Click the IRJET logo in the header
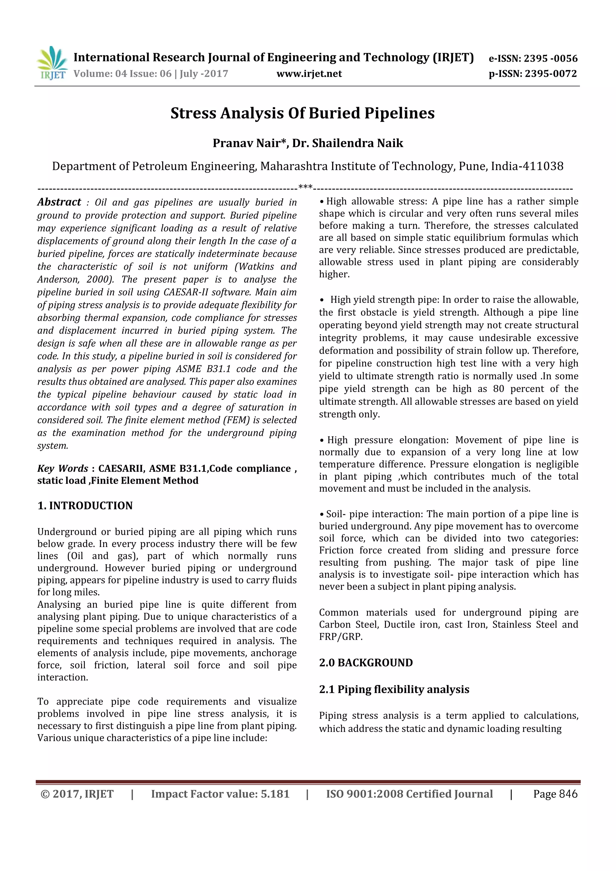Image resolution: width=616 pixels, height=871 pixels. (52, 63)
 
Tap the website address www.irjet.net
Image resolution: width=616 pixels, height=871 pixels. (309, 74)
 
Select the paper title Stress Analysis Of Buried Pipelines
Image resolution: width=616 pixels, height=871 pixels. (303, 113)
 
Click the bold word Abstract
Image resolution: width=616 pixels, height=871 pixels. (59, 202)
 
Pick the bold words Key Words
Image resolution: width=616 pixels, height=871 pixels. (63, 469)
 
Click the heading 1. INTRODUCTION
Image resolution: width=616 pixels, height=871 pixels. (85, 506)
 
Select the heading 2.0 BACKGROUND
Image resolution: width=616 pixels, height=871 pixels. (365, 663)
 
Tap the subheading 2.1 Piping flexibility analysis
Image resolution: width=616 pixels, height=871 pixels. (394, 689)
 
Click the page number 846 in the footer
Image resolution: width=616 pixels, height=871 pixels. (568, 794)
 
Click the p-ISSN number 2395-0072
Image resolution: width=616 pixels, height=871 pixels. (551, 74)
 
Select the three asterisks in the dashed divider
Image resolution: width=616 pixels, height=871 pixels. (305, 187)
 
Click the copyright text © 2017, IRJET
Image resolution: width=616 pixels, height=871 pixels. (77, 794)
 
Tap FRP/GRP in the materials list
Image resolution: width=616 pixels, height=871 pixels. (340, 637)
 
